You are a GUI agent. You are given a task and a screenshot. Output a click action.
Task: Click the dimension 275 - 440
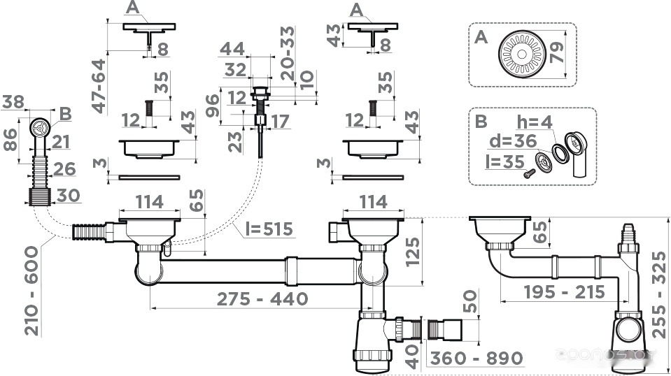(x=262, y=298)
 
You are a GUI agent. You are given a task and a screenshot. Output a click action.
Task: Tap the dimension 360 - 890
(x=476, y=358)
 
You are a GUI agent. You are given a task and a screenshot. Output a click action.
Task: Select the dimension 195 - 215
(x=565, y=292)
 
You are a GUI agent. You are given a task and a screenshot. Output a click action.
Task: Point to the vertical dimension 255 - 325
(x=659, y=295)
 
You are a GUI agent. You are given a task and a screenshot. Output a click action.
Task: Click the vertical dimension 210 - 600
(x=32, y=291)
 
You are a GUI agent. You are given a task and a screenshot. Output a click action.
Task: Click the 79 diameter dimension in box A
(x=556, y=53)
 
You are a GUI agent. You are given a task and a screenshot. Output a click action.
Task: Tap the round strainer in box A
(x=522, y=55)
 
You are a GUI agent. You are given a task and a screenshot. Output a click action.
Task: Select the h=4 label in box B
(x=534, y=122)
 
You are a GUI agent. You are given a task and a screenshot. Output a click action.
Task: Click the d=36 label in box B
(x=513, y=141)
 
